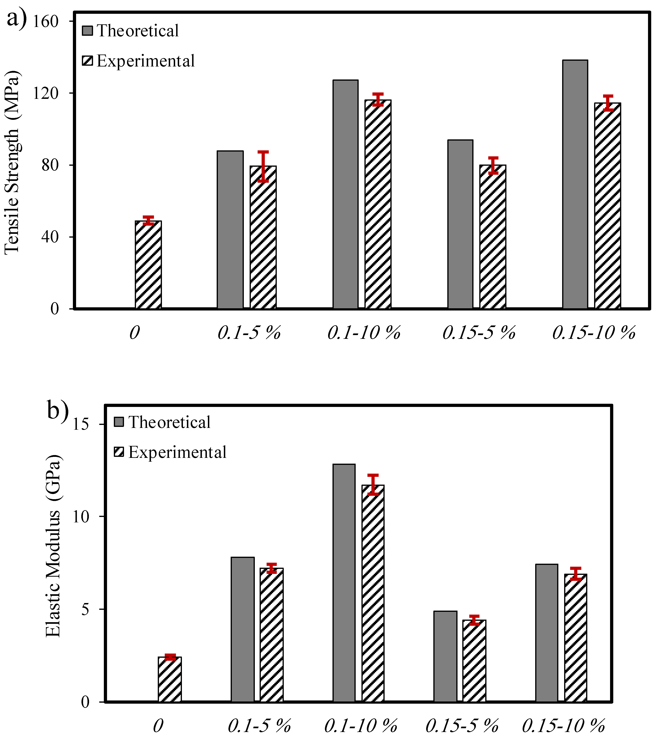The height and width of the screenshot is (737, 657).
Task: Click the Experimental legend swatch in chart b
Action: coord(119,452)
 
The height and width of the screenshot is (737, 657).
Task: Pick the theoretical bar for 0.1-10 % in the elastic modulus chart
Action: coord(344,583)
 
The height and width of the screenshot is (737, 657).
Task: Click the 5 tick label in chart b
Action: coord(85,609)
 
